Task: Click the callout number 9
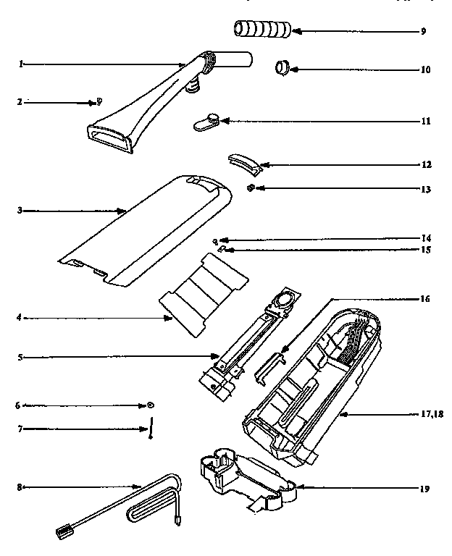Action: pos(423,32)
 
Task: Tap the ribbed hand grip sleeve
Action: pos(262,30)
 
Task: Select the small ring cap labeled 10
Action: pos(281,69)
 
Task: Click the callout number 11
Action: pos(425,122)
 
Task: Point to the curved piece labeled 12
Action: pos(243,163)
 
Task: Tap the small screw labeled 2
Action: pos(99,102)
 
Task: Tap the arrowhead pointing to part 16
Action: pos(285,355)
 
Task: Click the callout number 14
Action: pos(425,237)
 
